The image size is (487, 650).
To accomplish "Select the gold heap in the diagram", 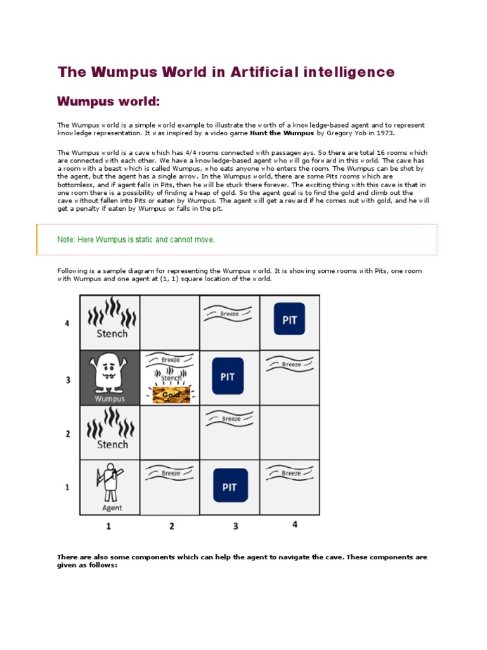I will [172, 395].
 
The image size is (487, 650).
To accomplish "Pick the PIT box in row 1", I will [230, 486].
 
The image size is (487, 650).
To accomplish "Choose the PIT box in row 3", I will [228, 376].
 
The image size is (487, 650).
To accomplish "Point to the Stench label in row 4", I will [112, 333].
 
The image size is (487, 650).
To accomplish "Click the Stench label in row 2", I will [112, 444].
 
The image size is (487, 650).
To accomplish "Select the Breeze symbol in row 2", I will [231, 418].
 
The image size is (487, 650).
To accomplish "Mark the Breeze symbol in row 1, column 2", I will [171, 473].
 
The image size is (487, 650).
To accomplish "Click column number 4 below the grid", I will [294, 525].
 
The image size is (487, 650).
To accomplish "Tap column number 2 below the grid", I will [172, 526].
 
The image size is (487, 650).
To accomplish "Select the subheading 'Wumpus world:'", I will [108, 102].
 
